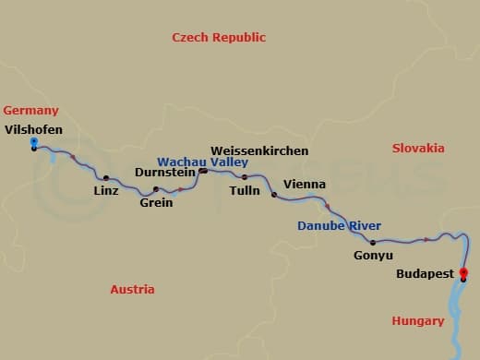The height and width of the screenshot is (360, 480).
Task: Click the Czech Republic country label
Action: tap(219, 38)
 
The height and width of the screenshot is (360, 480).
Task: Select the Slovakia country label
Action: tap(418, 148)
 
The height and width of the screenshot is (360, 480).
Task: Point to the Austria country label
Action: tap(132, 289)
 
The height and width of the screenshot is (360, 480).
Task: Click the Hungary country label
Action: tap(417, 321)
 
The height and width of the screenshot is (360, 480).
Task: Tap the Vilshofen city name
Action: tap(33, 129)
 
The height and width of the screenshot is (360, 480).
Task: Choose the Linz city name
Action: tap(106, 191)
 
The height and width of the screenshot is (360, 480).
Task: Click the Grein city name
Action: tap(156, 202)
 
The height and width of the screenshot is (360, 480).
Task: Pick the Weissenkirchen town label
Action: tap(259, 150)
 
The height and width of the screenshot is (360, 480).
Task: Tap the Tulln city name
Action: tap(245, 191)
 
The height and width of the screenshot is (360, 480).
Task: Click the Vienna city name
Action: tap(305, 184)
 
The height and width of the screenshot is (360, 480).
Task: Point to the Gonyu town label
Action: tap(373, 256)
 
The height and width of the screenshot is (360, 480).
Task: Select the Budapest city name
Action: tap(425, 274)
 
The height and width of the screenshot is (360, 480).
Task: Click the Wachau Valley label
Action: tap(202, 161)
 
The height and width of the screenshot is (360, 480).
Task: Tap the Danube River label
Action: tap(339, 225)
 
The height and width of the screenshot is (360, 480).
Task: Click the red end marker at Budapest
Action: tap(463, 272)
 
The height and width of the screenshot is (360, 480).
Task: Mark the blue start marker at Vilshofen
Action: tap(34, 142)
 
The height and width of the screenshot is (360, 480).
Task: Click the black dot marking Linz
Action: tap(106, 178)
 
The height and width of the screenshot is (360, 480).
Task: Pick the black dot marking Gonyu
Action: tap(373, 243)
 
